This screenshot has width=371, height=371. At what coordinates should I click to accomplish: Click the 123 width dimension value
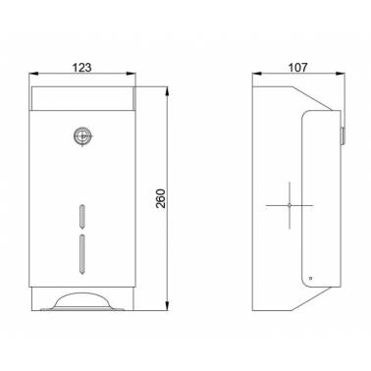point(81,68)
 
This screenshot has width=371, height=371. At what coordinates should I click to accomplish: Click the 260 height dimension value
point(161,198)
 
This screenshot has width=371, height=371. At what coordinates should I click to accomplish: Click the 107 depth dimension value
point(297,68)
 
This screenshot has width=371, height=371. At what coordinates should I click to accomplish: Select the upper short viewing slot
point(82,216)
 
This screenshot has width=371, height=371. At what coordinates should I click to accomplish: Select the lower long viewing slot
point(82,254)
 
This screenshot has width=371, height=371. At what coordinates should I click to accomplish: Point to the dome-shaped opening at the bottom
point(81,300)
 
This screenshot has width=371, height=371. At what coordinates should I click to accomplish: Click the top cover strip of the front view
point(83,98)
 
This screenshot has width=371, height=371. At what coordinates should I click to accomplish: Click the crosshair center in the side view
point(290,205)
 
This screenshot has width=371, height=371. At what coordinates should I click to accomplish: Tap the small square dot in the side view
point(310,279)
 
